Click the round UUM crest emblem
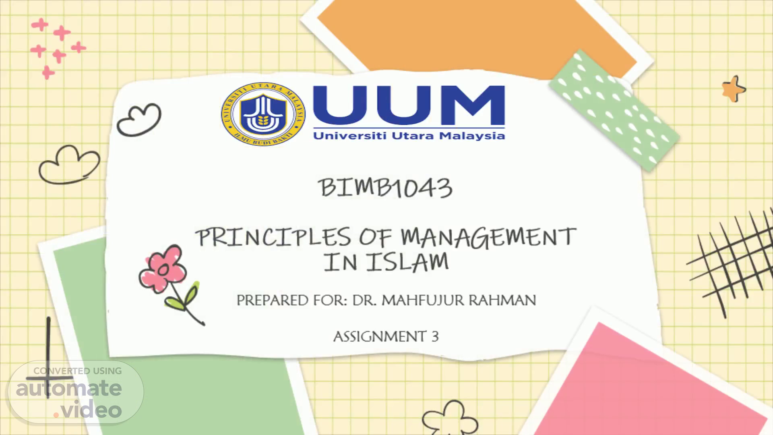click(x=263, y=114)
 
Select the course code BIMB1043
click(x=386, y=188)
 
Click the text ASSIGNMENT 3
click(x=386, y=336)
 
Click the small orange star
click(x=733, y=88)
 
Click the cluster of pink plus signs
click(x=58, y=48)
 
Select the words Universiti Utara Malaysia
click(x=409, y=136)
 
